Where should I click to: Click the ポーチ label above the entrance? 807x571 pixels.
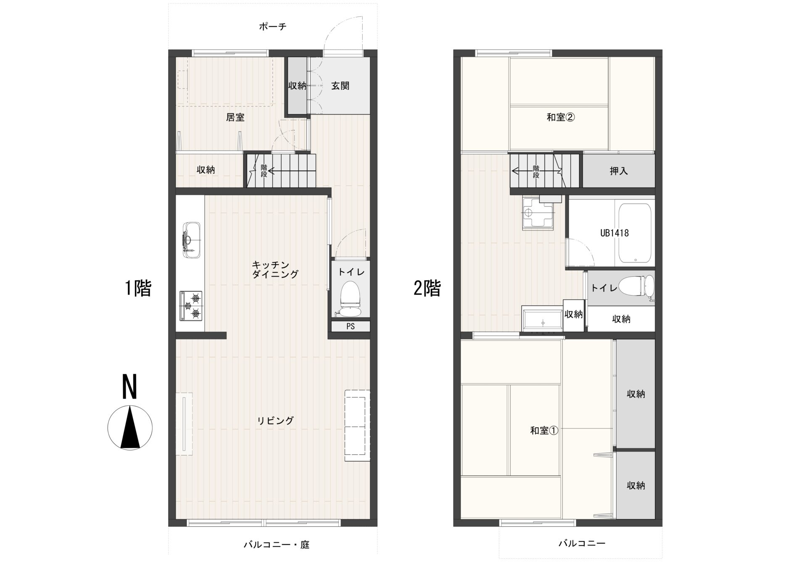tap(273, 27)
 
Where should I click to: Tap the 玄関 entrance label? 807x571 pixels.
tap(340, 86)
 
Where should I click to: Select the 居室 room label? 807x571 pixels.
tap(235, 117)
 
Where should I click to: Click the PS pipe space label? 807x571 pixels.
tap(351, 326)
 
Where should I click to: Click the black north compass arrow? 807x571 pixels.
tap(130, 427)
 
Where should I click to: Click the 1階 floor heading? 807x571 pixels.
tap(138, 288)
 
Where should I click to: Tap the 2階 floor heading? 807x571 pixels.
tap(427, 288)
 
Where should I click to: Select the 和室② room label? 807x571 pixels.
tap(561, 117)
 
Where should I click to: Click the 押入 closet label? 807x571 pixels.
tap(619, 171)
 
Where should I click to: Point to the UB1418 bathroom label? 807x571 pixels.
tap(614, 233)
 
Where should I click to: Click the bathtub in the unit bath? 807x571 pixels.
tap(635, 233)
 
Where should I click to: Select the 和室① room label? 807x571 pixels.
tap(544, 431)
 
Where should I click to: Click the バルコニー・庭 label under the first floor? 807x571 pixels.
tap(277, 545)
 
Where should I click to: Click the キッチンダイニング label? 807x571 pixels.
tap(275, 270)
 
